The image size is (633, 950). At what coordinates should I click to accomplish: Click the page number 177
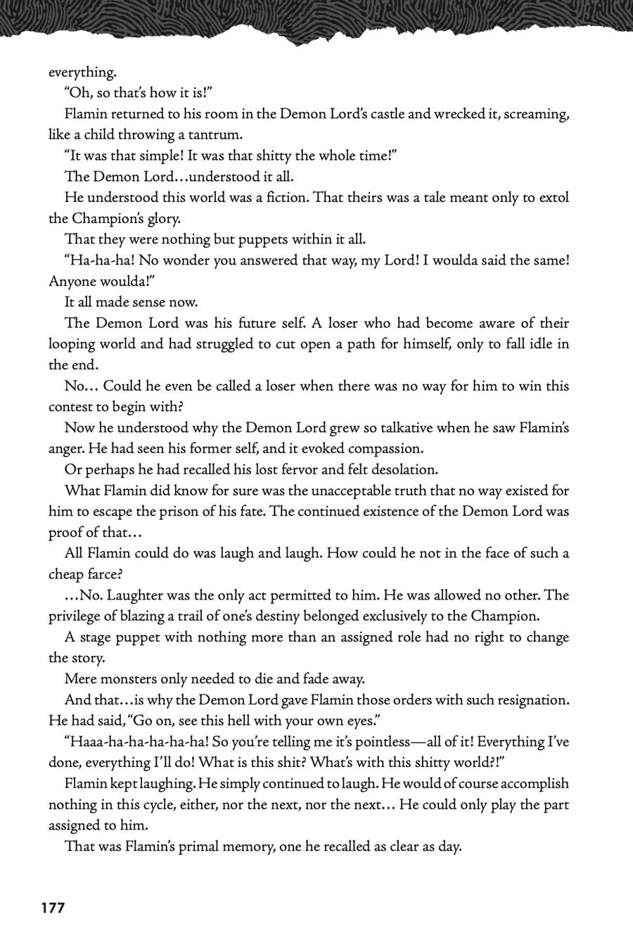click(x=53, y=908)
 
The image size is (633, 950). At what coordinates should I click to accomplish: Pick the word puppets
click(x=248, y=239)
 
